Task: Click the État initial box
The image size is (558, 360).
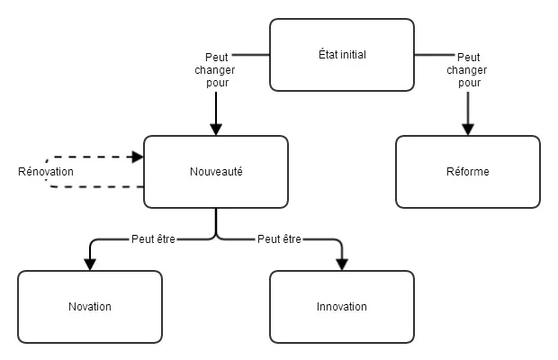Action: (x=342, y=55)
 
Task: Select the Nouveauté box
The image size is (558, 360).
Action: (x=216, y=172)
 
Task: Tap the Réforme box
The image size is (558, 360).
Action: (x=468, y=172)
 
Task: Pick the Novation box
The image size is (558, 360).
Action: (x=90, y=307)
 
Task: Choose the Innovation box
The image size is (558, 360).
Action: (x=342, y=307)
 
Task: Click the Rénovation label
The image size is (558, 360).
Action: (x=46, y=172)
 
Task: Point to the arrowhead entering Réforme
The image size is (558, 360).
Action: (x=468, y=130)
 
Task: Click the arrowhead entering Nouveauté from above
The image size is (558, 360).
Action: (x=216, y=130)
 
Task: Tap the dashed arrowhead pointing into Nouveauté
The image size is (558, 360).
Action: (x=138, y=157)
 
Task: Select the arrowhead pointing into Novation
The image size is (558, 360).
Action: (x=90, y=265)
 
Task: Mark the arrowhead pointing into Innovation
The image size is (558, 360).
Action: (x=342, y=265)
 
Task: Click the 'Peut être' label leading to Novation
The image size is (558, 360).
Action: (x=153, y=239)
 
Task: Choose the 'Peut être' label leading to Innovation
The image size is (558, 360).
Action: (x=279, y=239)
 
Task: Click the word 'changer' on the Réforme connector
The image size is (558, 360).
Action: (x=467, y=70)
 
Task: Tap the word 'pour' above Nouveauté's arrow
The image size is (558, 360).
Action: (x=218, y=83)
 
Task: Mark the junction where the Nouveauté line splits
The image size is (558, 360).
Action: (x=216, y=238)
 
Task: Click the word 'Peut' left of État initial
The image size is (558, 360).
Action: (x=216, y=58)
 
